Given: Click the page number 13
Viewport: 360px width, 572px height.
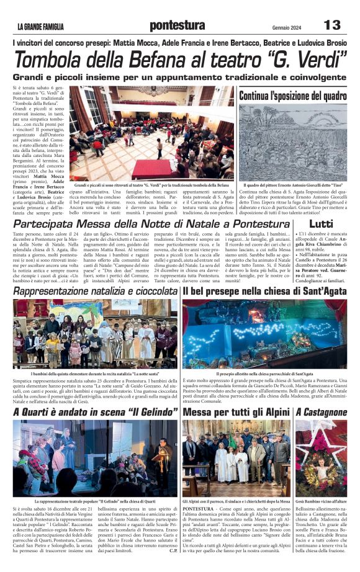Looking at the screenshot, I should click(333, 25).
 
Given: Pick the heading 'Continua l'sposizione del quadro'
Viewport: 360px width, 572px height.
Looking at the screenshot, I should click(293, 96).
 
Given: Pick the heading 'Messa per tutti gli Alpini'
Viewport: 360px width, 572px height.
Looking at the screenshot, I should click(236, 412).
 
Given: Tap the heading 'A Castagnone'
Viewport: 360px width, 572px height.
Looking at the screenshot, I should click(321, 412).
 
